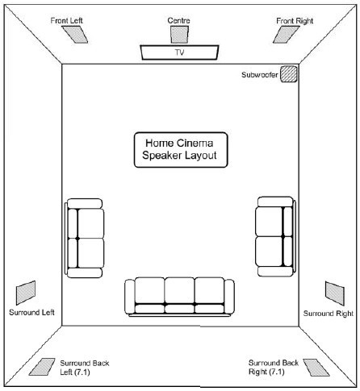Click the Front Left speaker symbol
coord(74,35)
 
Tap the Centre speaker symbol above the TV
coord(179,35)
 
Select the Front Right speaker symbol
coord(286,35)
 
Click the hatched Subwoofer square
coord(289,74)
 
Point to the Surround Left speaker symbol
coord(26,293)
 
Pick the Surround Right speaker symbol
coord(335,293)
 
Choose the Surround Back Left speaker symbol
coord(42,367)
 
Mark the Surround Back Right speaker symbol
coord(316,368)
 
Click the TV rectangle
coord(179,52)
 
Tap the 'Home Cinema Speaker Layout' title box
coord(181,150)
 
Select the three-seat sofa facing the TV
coord(179,297)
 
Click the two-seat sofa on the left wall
coord(84,238)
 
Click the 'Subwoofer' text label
coord(260,75)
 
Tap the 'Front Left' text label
coord(66,20)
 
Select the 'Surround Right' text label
coord(329,314)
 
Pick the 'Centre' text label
coord(178,20)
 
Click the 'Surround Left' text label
coord(31,312)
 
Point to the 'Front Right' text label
coord(295,21)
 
